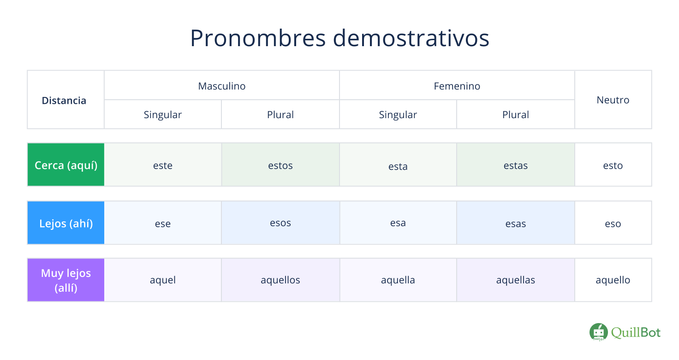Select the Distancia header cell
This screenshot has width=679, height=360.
click(64, 100)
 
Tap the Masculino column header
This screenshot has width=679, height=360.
click(222, 86)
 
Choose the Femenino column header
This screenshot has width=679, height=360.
click(457, 86)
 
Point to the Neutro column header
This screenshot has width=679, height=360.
click(613, 100)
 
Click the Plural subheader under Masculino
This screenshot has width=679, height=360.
click(280, 114)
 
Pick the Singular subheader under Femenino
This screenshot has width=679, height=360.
click(398, 114)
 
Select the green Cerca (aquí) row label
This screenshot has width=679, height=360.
click(66, 165)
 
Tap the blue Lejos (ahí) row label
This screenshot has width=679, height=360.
click(66, 223)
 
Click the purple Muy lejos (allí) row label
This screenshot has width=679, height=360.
click(66, 280)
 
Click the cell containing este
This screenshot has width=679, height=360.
click(163, 166)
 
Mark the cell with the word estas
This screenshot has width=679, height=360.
click(515, 166)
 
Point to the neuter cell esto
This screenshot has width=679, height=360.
click(613, 166)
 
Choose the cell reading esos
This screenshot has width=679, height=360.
click(280, 223)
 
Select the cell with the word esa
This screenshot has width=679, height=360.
click(398, 223)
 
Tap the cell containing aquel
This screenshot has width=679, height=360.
click(163, 280)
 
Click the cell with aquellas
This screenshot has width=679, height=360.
click(515, 280)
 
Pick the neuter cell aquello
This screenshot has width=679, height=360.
click(613, 280)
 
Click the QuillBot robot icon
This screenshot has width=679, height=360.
click(598, 332)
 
